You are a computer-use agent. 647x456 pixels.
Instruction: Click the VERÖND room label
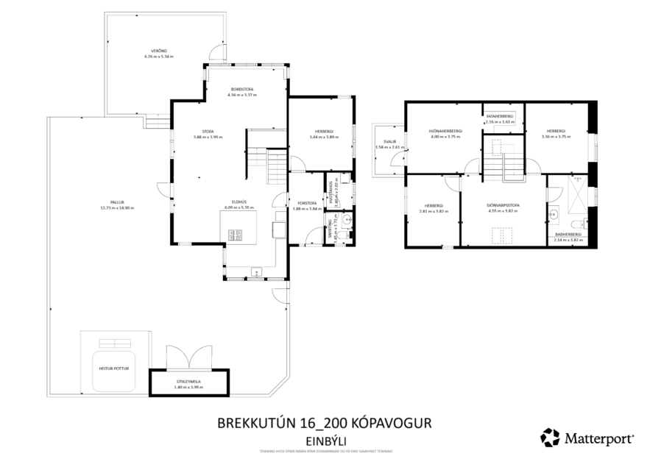160,51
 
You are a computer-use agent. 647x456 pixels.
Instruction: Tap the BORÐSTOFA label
241,90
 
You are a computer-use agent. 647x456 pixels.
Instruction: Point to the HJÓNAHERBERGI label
445,132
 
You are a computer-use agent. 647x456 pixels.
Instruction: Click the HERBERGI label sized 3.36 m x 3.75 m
556,132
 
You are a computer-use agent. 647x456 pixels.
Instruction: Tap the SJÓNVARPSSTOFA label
503,206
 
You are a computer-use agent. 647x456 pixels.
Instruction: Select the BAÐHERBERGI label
568,235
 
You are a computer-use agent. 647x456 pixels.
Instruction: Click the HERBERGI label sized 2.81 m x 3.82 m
434,206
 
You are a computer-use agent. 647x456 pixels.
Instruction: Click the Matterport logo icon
550,438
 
